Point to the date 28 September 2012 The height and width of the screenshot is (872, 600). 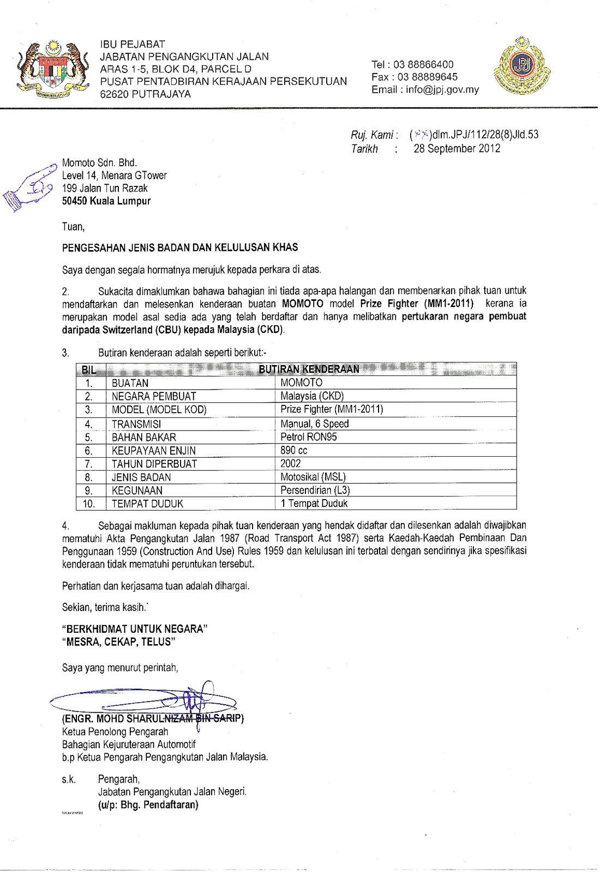[457, 148]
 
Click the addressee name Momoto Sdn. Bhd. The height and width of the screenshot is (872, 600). [100, 162]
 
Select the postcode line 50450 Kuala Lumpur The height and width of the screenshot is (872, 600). [106, 201]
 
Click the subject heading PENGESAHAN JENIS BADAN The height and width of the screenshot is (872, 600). [180, 247]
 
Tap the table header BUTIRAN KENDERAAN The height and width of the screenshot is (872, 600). [309, 369]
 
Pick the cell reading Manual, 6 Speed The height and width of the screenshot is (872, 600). [315, 423]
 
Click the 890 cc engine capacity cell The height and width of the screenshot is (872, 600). [294, 450]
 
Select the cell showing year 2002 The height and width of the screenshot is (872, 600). [291, 463]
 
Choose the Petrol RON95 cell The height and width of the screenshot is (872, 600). [309, 437]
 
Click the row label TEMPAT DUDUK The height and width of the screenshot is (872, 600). [147, 504]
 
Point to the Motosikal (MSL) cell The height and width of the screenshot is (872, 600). [313, 477]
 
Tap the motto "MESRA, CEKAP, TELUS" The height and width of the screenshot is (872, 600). [119, 642]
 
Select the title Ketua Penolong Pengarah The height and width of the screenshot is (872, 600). [115, 732]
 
